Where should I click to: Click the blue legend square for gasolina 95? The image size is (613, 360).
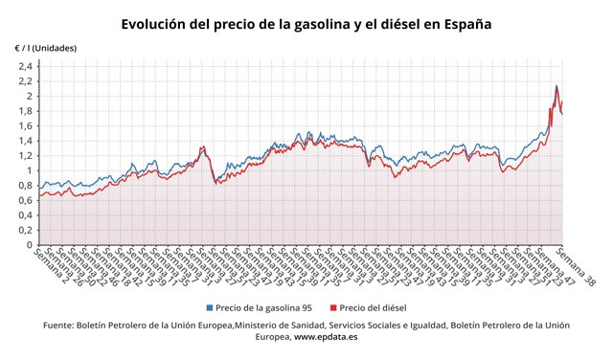click(208, 308)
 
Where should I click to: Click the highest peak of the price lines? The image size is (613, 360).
click(556, 86)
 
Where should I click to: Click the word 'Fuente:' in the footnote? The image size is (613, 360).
click(62, 326)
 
